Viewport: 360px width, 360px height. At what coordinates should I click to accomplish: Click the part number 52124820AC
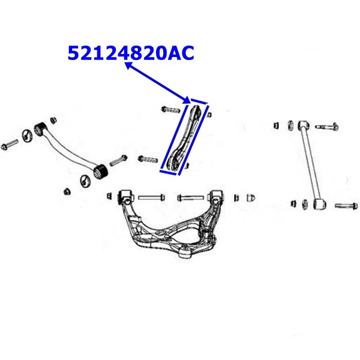click(x=131, y=53)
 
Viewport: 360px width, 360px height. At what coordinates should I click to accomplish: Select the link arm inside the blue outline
click(x=185, y=138)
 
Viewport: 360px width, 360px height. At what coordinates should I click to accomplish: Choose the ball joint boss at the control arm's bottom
click(x=184, y=252)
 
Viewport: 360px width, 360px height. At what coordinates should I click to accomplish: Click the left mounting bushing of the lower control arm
click(x=125, y=196)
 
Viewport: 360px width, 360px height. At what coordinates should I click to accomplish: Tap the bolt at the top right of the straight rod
click(x=326, y=127)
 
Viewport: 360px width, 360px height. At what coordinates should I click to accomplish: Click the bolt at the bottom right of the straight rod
click(x=346, y=206)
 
